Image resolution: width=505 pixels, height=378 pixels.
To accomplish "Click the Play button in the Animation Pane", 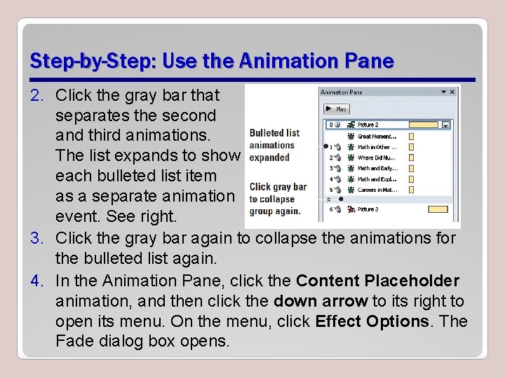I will pyautogui.click(x=337, y=109).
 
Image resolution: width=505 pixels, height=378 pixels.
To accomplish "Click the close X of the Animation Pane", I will pyautogui.click(x=452, y=92).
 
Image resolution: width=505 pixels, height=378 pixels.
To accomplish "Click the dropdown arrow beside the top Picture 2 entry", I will pyautogui.click(x=445, y=125).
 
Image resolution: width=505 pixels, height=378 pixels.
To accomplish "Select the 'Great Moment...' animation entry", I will pyautogui.click(x=377, y=136).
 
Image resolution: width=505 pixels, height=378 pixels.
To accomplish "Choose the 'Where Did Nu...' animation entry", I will pyautogui.click(x=377, y=157).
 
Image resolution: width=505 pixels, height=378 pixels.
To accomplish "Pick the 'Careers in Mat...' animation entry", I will pyautogui.click(x=377, y=189).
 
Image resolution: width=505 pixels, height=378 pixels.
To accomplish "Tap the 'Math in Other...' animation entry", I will pyautogui.click(x=377, y=147).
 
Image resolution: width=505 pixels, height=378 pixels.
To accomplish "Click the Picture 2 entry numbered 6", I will pyautogui.click(x=368, y=209).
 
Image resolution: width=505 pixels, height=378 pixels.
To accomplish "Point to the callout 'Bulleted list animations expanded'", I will pyautogui.click(x=274, y=145).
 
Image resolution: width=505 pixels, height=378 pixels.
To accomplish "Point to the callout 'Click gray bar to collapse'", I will pyautogui.click(x=278, y=199).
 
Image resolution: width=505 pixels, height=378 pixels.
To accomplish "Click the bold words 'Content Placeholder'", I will pyautogui.click(x=377, y=281).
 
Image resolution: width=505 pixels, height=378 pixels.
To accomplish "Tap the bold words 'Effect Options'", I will pyautogui.click(x=371, y=321).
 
